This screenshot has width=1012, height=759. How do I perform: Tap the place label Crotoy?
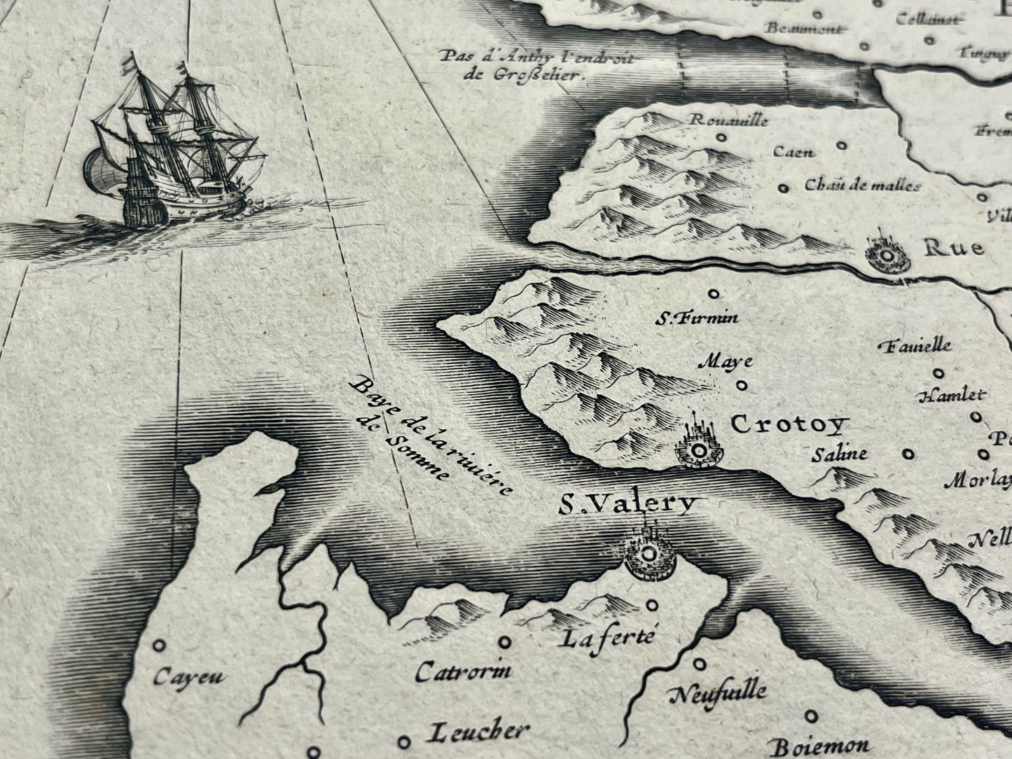coord(789,424)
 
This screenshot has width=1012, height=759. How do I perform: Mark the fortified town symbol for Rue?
coord(887,256)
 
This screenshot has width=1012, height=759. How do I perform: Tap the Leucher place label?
coord(476,732)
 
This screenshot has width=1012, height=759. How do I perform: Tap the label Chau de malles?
coord(861,185)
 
